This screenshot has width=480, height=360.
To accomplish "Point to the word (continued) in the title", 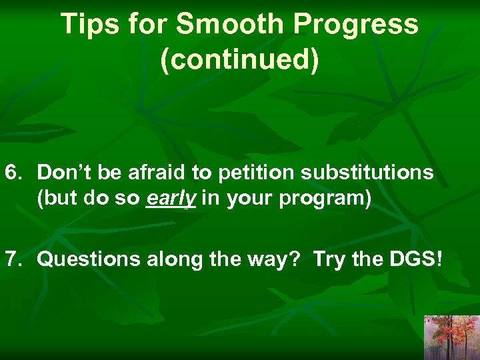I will [x=240, y=59].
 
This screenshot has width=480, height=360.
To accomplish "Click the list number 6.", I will [x=13, y=173].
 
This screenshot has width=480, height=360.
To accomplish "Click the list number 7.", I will [x=13, y=259].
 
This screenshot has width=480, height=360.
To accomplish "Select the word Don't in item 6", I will [x=63, y=173].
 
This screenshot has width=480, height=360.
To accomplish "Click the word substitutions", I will [x=367, y=173].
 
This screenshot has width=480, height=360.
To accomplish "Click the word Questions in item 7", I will [x=85, y=260].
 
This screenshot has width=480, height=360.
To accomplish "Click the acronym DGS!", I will [x=413, y=259].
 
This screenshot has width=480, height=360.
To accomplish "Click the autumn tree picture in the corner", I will [x=451, y=337].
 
